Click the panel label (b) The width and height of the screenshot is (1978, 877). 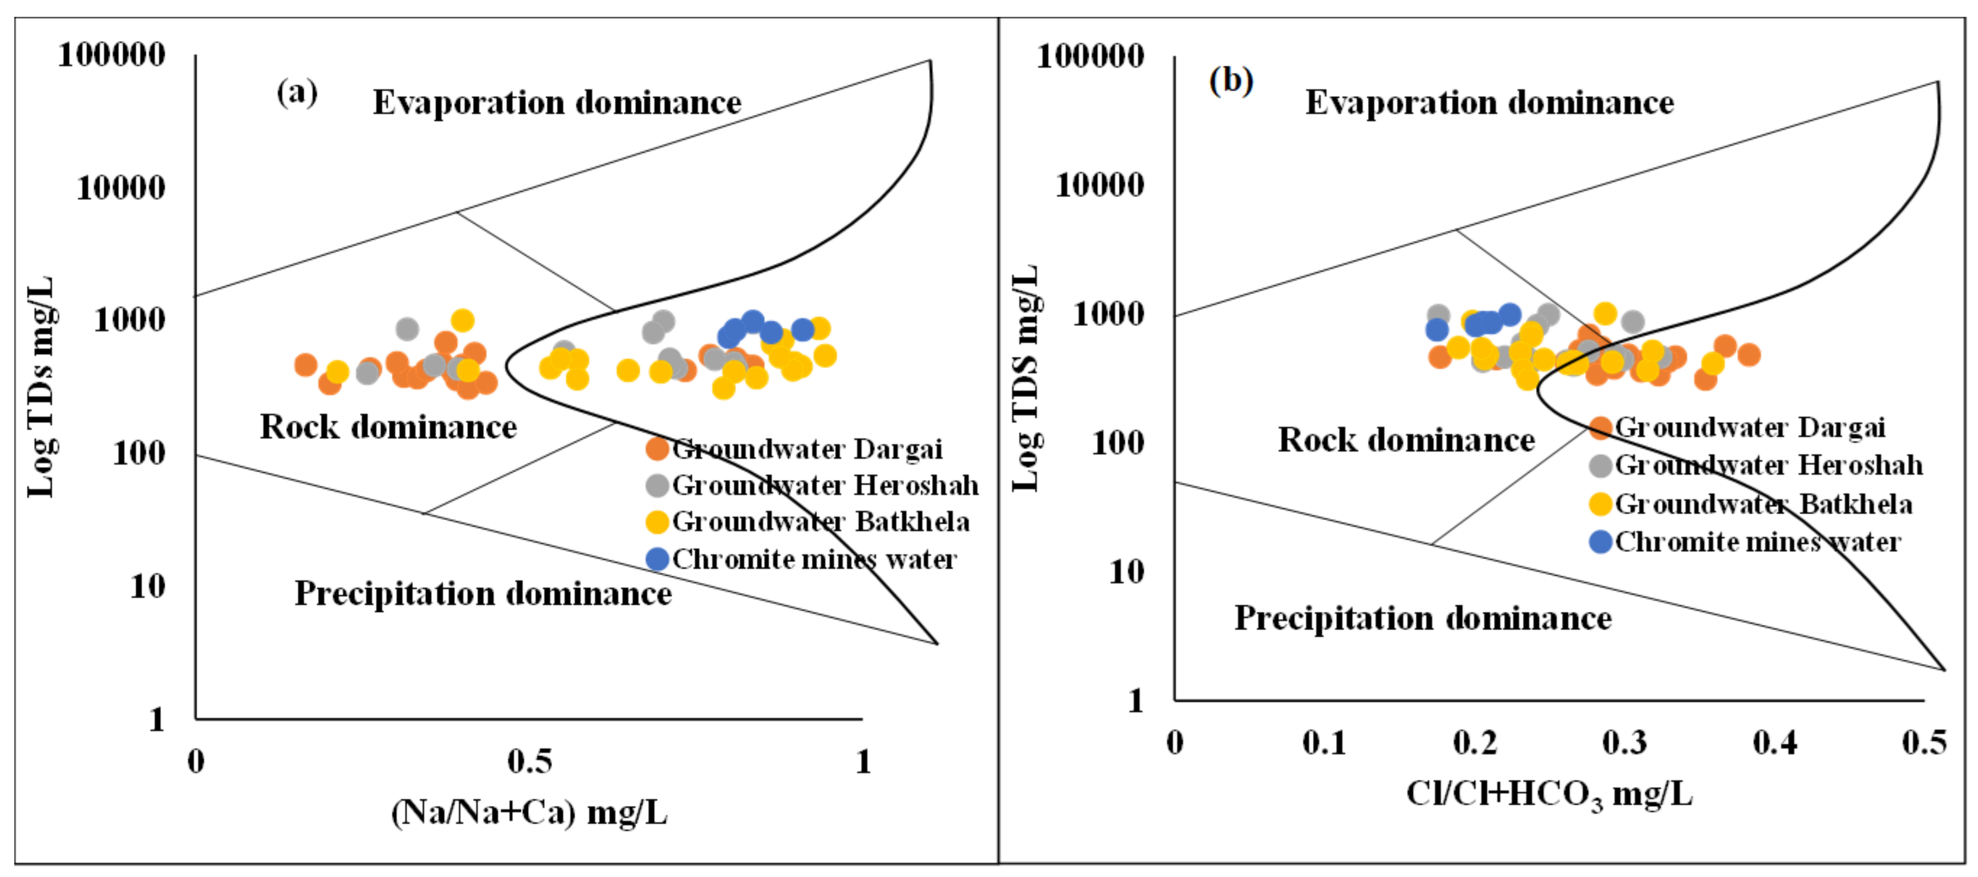tap(1231, 80)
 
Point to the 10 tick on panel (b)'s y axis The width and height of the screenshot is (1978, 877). tap(1126, 572)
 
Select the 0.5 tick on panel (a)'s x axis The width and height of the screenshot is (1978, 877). tap(529, 762)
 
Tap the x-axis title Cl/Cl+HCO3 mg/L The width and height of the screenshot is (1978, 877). tap(1549, 794)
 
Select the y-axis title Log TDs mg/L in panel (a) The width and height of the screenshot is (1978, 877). tap(40, 386)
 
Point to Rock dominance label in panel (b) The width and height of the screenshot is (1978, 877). tap(1405, 440)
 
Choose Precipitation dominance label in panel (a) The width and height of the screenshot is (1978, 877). tap(483, 593)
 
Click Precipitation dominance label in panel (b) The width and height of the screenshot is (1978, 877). tap(1422, 618)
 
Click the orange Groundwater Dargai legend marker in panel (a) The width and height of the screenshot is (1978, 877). tap(657, 449)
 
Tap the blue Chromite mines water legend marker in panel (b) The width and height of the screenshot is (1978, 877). tap(1600, 542)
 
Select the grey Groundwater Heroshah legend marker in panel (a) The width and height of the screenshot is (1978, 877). tap(657, 485)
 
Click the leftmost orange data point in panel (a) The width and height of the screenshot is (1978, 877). tap(306, 365)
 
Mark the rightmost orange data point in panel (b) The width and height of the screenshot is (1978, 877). tap(1748, 355)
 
